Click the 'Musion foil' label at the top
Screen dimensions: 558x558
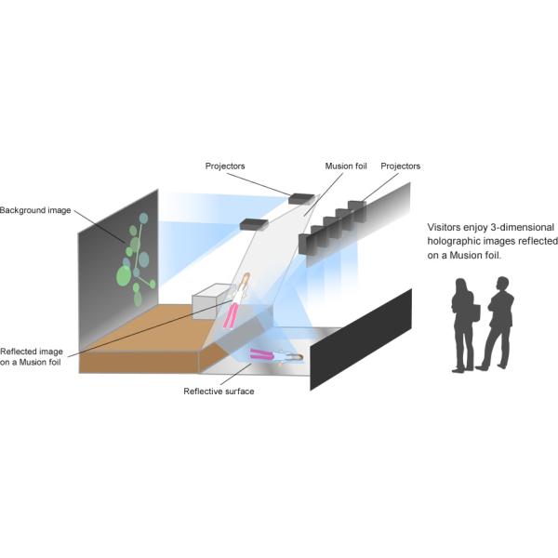pos(346,166)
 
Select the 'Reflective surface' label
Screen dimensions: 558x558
pos(219,392)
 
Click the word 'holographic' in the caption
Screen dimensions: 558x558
pos(452,241)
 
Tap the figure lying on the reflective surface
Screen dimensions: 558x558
pos(274,354)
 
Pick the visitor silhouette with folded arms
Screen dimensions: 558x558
pos(498,322)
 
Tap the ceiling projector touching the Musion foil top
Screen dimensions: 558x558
pos(302,197)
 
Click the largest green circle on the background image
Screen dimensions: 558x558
pos(124,275)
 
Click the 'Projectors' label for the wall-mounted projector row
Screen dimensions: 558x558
pos(401,166)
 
